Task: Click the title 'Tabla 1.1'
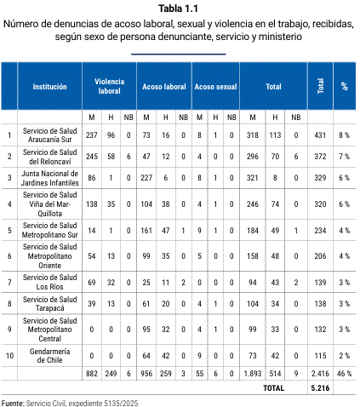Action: pyautogui.click(x=178, y=9)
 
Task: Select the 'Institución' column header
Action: pyautogui.click(x=49, y=87)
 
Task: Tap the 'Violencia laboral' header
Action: pyautogui.click(x=109, y=86)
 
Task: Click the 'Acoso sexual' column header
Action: pyautogui.click(x=215, y=87)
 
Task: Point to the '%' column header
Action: pyautogui.click(x=345, y=86)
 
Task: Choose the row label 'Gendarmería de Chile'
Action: pyautogui.click(x=49, y=356)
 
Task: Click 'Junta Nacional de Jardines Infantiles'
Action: pyautogui.click(x=49, y=178)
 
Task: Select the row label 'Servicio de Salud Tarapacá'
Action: pyautogui.click(x=49, y=304)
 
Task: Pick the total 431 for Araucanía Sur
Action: pyautogui.click(x=320, y=135)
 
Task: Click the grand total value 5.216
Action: pyautogui.click(x=320, y=388)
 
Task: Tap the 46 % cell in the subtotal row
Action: pyautogui.click(x=344, y=374)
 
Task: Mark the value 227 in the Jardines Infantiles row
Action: pyautogui.click(x=146, y=178)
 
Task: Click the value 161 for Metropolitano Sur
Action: pyautogui.click(x=146, y=231)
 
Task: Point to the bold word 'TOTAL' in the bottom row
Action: pyautogui.click(x=273, y=388)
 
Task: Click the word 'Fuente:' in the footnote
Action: pyautogui.click(x=13, y=403)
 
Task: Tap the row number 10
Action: pyautogui.click(x=9, y=356)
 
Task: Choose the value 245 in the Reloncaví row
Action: pyautogui.click(x=92, y=157)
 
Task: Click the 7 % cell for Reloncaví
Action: pyautogui.click(x=344, y=157)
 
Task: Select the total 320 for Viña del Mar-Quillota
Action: pyautogui.click(x=320, y=204)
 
